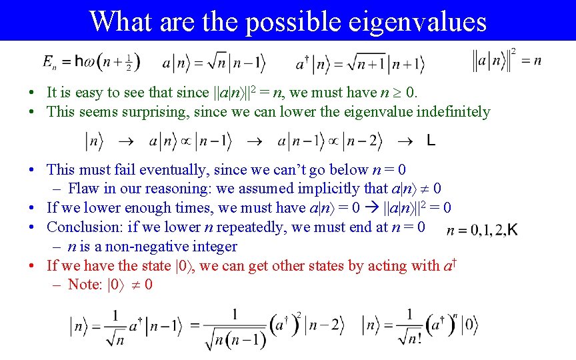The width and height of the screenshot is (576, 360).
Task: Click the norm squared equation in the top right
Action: click(x=507, y=61)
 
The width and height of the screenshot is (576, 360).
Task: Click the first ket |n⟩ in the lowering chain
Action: click(x=94, y=141)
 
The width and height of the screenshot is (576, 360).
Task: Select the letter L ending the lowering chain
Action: click(x=431, y=141)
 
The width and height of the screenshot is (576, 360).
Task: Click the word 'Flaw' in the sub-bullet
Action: click(x=83, y=189)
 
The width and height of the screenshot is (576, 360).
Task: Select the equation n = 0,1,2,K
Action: click(x=482, y=231)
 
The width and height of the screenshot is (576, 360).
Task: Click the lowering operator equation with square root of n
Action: click(x=215, y=64)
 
